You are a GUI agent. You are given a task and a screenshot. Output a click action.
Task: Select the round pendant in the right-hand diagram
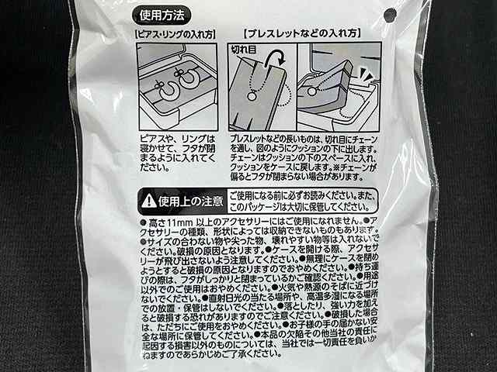pyautogui.click(x=313, y=91)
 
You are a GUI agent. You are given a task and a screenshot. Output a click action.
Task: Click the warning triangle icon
pyautogui.click(x=147, y=201)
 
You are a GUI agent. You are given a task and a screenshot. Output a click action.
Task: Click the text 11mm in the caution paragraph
pyautogui.click(x=182, y=222)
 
